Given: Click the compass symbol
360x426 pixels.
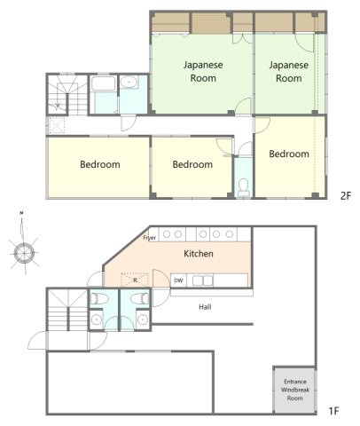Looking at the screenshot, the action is pyautogui.click(x=24, y=252).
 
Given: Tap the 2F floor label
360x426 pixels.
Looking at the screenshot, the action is pyautogui.click(x=345, y=196).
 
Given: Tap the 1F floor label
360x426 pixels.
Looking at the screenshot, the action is pyautogui.click(x=333, y=411).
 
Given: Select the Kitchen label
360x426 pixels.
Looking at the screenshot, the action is pyautogui.click(x=199, y=254).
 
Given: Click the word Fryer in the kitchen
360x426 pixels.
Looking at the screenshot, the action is pyautogui.click(x=150, y=238).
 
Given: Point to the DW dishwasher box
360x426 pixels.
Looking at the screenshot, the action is pyautogui.click(x=178, y=280).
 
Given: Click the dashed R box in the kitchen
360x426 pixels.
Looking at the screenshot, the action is pyautogui.click(x=135, y=280).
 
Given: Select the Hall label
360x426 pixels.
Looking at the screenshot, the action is pyautogui.click(x=205, y=307).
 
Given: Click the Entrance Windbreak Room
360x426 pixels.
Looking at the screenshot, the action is pyautogui.click(x=294, y=390).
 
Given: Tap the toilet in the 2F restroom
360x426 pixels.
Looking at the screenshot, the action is pyautogui.click(x=244, y=187).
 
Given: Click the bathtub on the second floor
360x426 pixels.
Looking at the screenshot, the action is pyautogui.click(x=103, y=83).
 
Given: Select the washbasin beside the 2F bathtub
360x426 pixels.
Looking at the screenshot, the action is pyautogui.click(x=129, y=82).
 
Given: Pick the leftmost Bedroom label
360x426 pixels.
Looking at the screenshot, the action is pyautogui.click(x=100, y=164).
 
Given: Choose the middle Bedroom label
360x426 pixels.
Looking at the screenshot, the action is pyautogui.click(x=192, y=164).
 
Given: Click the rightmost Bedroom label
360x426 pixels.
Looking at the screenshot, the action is pyautogui.click(x=289, y=154).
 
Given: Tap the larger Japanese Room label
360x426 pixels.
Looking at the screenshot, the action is pyautogui.click(x=203, y=72).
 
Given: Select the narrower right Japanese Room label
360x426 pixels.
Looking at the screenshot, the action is pyautogui.click(x=289, y=72).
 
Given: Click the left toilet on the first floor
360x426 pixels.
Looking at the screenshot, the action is pyautogui.click(x=98, y=298).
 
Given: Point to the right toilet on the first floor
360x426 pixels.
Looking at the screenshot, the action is pyautogui.click(x=139, y=298).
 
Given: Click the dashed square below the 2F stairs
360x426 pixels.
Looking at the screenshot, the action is pyautogui.click(x=56, y=125).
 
